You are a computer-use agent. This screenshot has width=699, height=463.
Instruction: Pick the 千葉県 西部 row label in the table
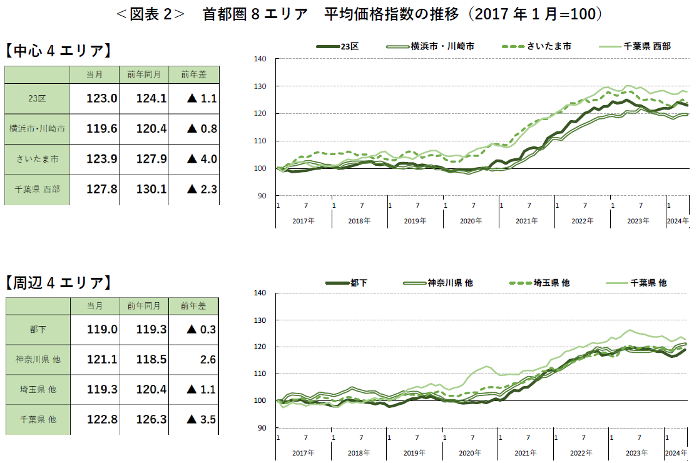(35, 189)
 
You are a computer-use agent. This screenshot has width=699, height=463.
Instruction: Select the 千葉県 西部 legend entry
(646, 46)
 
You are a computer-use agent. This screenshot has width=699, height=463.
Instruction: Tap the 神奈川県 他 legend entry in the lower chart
(449, 283)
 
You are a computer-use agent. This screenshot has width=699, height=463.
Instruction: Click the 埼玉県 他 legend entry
(551, 283)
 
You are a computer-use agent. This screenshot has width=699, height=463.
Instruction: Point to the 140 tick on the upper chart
(260, 59)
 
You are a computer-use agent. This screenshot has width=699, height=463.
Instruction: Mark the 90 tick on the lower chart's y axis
(262, 428)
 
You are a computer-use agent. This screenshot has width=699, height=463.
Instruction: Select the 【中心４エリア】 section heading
(58, 50)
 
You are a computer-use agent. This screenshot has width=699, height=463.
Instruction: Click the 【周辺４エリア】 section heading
(58, 283)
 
